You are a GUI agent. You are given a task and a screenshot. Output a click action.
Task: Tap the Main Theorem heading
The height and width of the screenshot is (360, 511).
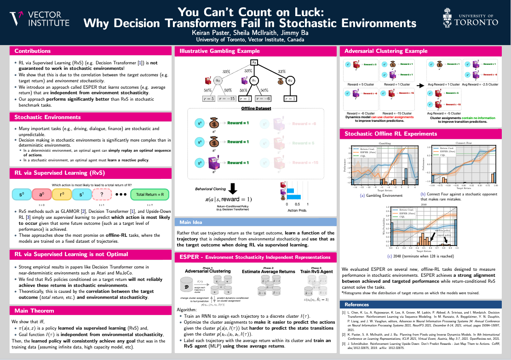(34, 310)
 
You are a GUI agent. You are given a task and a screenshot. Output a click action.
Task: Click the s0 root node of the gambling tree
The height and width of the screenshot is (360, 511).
(253, 62)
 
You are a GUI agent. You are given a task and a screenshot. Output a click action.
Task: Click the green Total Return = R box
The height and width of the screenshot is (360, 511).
(149, 194)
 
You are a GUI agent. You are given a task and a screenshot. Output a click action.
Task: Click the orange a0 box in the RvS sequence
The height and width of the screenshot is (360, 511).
(47, 194)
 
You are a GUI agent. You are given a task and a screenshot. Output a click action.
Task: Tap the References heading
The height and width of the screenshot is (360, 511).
(356, 304)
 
